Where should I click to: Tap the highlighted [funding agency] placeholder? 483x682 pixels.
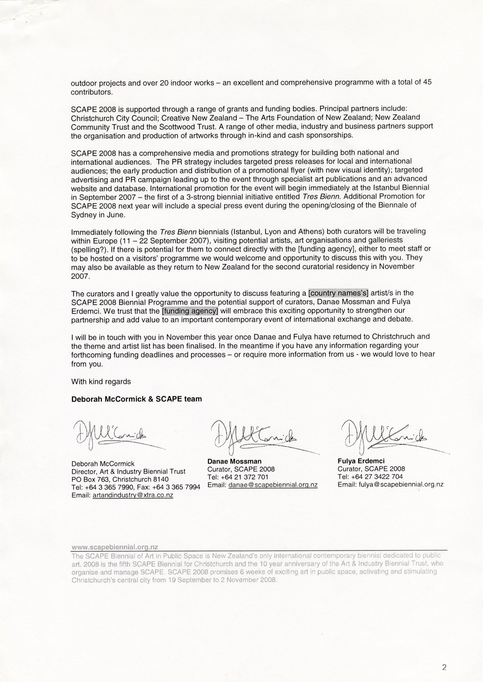pos(190,311)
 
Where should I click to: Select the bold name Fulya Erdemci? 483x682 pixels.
pos(361,461)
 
